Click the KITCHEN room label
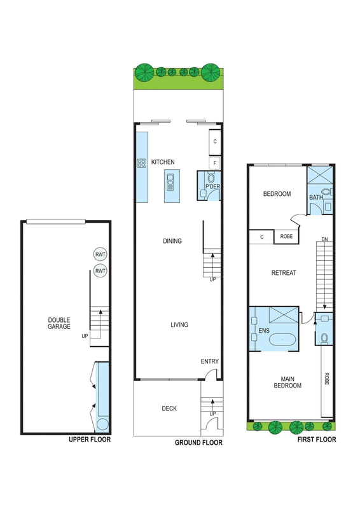coord(163,162)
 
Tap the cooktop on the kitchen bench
coord(142,163)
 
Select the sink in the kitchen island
coord(170,182)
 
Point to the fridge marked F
coord(214,164)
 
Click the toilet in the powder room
coord(211,178)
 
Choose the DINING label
coord(172,241)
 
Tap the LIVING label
coord(179,324)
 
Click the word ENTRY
coord(210,361)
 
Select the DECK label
coord(169,408)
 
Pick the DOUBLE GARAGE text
coord(59,323)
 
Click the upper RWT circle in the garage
coord(100,254)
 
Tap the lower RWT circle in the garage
coord(100,271)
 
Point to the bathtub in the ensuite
coord(282,340)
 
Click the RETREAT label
coord(284,273)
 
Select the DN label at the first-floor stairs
coord(324,239)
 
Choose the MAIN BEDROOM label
coord(287,382)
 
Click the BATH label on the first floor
coord(316,197)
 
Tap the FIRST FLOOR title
coord(317,440)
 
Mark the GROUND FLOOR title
coord(198,442)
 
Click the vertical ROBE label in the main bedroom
coord(326,379)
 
